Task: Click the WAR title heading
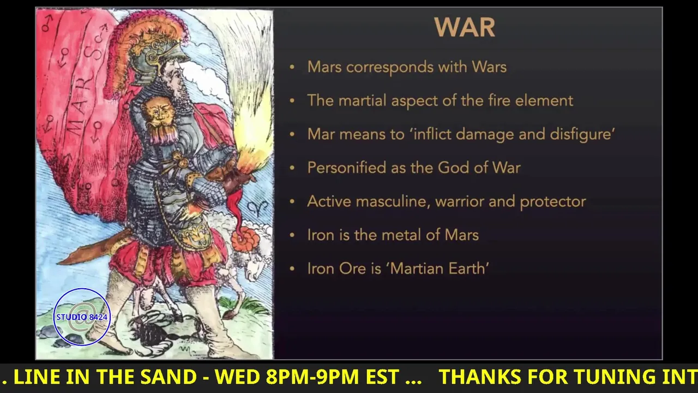point(465,27)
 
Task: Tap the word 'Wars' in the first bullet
point(489,67)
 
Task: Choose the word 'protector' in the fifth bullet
point(553,202)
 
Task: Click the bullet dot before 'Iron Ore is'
point(292,269)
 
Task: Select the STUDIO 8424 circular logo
point(82,317)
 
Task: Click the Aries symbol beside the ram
point(257,208)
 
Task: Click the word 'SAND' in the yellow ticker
point(168,377)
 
